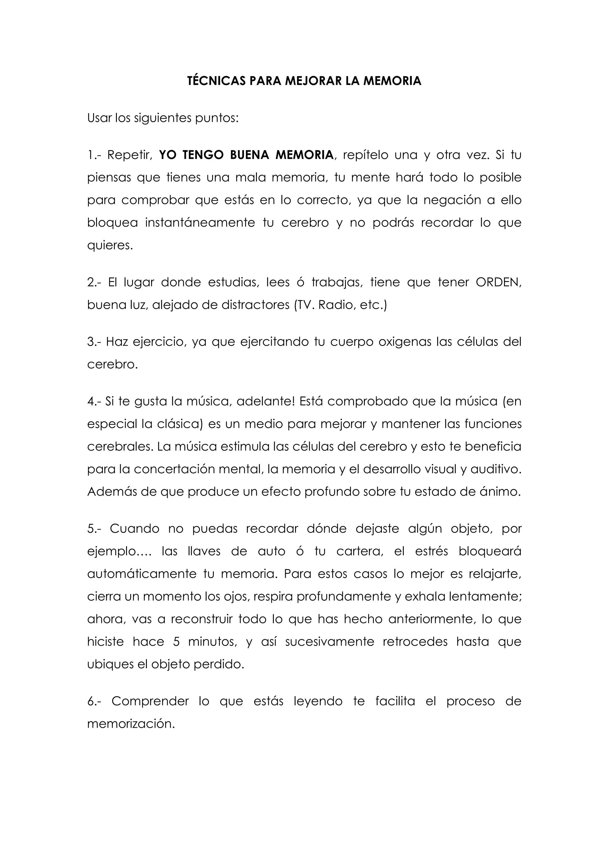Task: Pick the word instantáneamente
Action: click(x=200, y=223)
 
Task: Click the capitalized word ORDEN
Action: click(x=498, y=282)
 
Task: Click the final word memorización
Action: click(x=131, y=724)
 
